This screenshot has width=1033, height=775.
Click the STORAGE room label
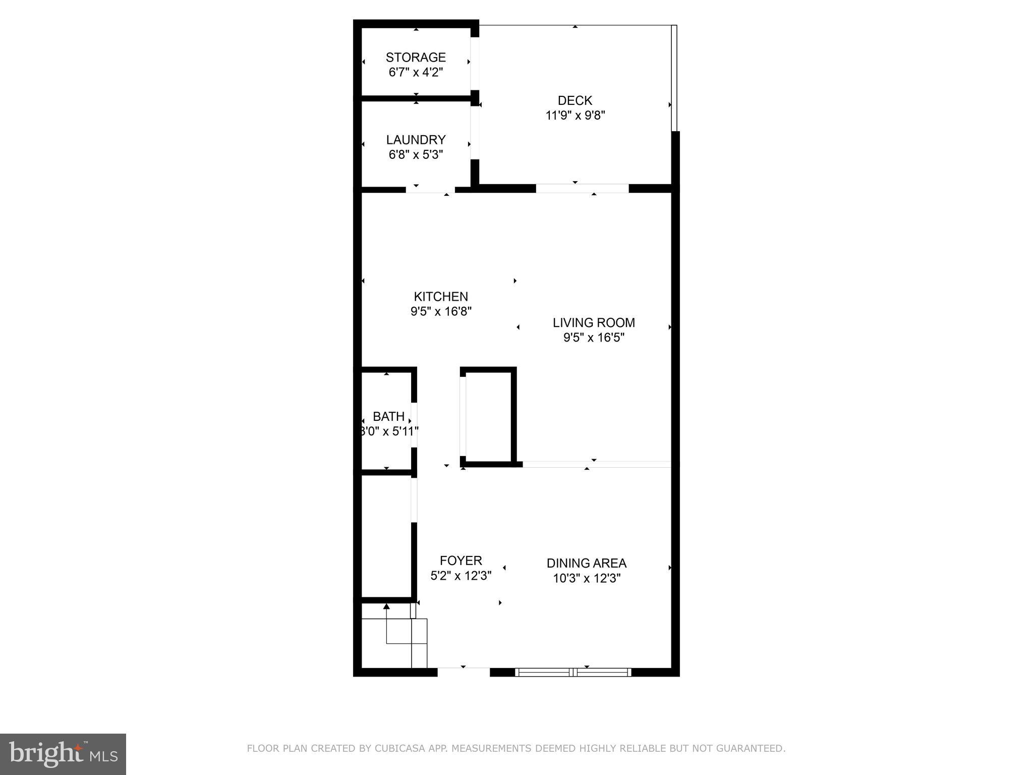point(416,58)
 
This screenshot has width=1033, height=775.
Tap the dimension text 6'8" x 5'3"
point(416,154)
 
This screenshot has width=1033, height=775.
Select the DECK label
point(575,100)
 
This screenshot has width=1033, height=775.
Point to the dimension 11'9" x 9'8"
point(575,116)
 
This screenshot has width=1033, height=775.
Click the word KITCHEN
point(441,297)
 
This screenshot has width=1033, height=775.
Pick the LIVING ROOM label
point(594,323)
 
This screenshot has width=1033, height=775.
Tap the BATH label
point(388,417)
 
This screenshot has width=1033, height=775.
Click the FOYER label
point(461,561)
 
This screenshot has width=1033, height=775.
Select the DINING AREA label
point(586,563)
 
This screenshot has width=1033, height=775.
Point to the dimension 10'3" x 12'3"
point(586,578)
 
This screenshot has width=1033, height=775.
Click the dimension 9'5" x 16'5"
point(594,338)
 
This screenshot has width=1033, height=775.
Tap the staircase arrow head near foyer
point(386,606)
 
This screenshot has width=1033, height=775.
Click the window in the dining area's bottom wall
point(573,672)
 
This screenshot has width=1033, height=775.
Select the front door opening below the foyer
point(463,672)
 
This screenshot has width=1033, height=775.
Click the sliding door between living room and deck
point(582,188)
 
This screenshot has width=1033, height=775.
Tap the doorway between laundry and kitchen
point(430,190)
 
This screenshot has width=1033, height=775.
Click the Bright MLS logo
point(63,754)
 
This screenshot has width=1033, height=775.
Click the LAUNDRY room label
point(416,140)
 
